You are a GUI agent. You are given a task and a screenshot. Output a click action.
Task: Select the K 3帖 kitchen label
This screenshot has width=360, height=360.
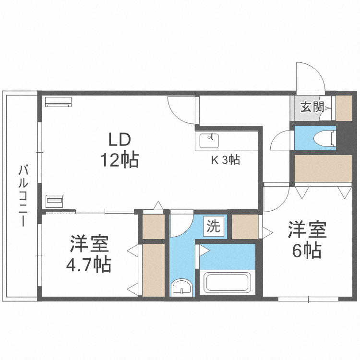click(x=226, y=160)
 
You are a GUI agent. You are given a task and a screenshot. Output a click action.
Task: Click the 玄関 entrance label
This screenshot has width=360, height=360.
click(x=312, y=107)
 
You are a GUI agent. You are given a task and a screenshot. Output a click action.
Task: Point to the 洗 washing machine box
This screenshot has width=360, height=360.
click(x=213, y=226)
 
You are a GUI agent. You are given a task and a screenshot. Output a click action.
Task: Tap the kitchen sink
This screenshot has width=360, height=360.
click(x=209, y=141)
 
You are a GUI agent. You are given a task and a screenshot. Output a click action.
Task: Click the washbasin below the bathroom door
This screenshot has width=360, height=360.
click(x=182, y=288)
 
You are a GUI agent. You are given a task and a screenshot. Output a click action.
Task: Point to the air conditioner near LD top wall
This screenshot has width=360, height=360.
click(x=58, y=101)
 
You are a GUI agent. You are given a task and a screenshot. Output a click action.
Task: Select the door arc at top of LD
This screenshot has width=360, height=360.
click(x=182, y=108)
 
